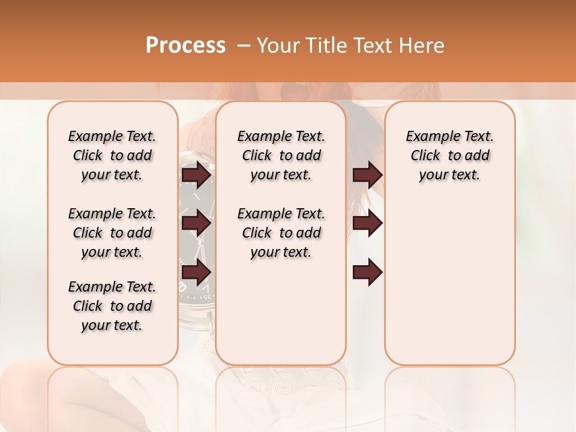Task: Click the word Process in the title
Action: (185, 46)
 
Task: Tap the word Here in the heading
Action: (420, 46)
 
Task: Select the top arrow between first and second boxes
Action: (196, 175)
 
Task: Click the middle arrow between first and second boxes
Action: (196, 223)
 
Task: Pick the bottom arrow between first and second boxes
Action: (196, 272)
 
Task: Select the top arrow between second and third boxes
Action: (367, 175)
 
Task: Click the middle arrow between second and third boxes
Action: (367, 223)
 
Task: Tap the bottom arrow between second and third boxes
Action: (367, 272)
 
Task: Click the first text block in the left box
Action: (112, 155)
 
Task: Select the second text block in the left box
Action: (112, 233)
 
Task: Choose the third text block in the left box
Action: (112, 306)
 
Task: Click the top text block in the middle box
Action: (281, 155)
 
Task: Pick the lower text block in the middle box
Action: (281, 233)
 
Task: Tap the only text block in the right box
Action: (449, 155)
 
